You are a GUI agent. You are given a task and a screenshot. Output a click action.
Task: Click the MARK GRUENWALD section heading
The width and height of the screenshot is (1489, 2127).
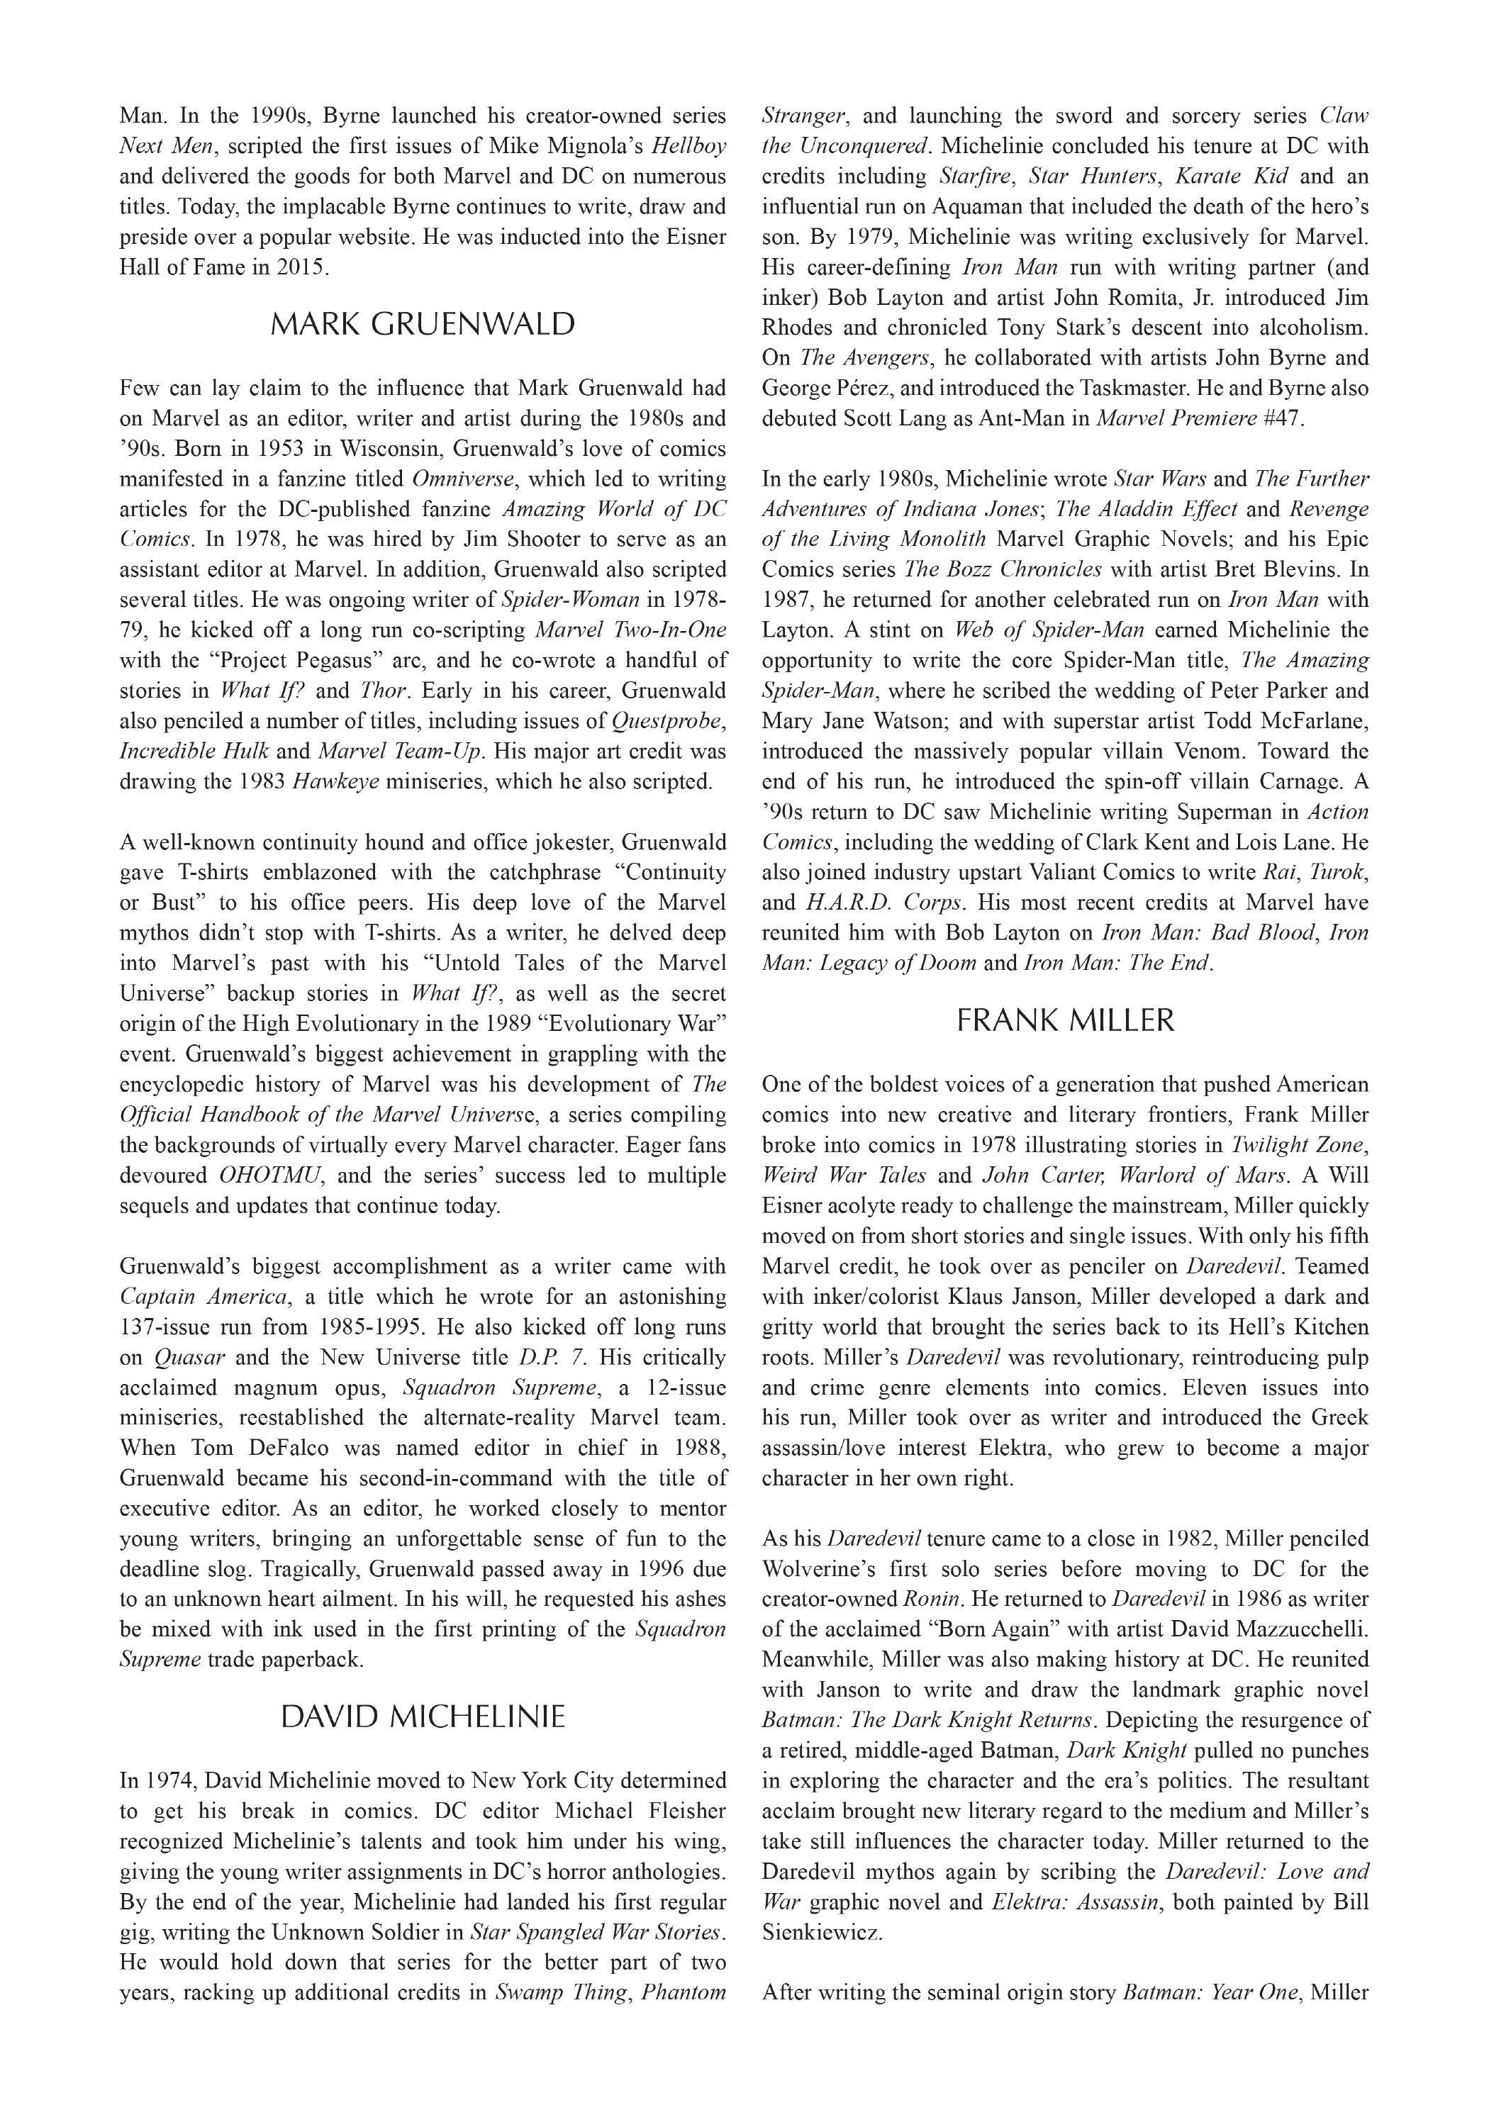point(423,324)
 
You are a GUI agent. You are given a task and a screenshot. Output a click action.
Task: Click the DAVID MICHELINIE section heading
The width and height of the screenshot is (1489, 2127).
point(423,1717)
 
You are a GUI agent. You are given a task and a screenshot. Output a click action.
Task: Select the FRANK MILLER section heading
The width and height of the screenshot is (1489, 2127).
point(1064,1021)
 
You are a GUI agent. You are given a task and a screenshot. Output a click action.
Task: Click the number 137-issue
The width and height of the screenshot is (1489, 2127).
point(166,1327)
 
